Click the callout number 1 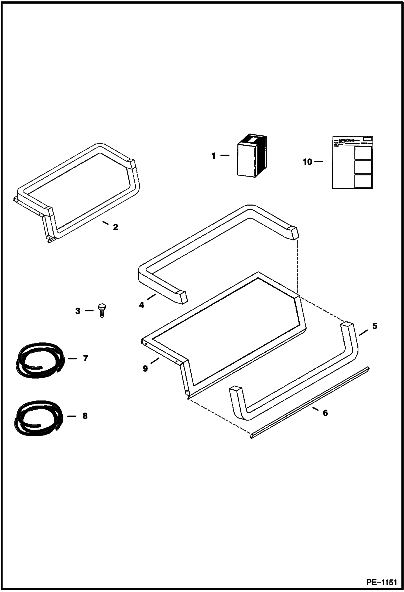pyautogui.click(x=214, y=156)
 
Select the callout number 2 pyautogui.click(x=115, y=227)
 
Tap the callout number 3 pyautogui.click(x=78, y=311)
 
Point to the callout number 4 pyautogui.click(x=142, y=305)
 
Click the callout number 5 pyautogui.click(x=375, y=326)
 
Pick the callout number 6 pyautogui.click(x=325, y=420)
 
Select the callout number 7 pyautogui.click(x=85, y=358)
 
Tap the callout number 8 pyautogui.click(x=85, y=416)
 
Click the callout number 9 pyautogui.click(x=145, y=369)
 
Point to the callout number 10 pyautogui.click(x=307, y=162)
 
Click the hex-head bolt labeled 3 pyautogui.click(x=102, y=311)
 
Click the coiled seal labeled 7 pyautogui.click(x=39, y=359)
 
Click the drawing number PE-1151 pyautogui.click(x=381, y=583)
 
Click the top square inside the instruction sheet pyautogui.click(x=363, y=153)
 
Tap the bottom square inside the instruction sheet pyautogui.click(x=363, y=181)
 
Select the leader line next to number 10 pyautogui.click(x=319, y=162)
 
